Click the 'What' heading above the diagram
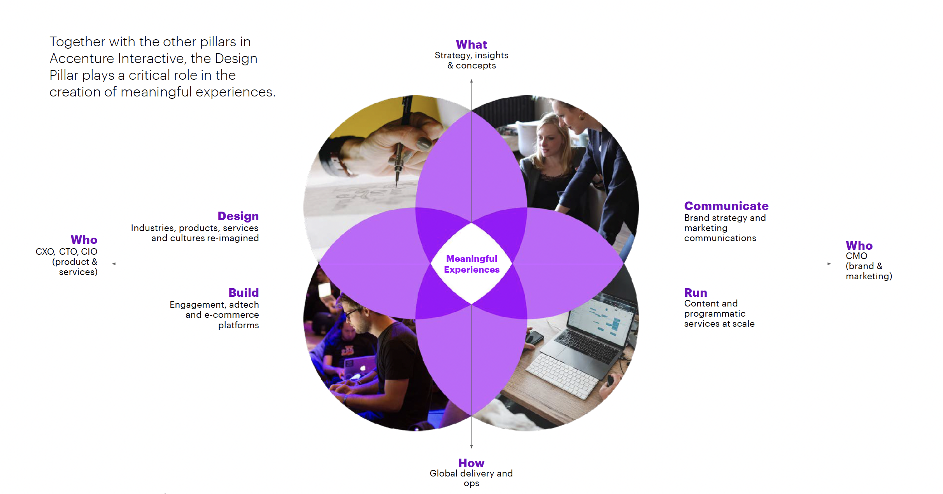pyautogui.click(x=471, y=45)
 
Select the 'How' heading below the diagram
pyautogui.click(x=471, y=463)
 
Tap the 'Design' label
pyautogui.click(x=238, y=216)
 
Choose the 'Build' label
pyautogui.click(x=244, y=293)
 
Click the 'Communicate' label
pyautogui.click(x=726, y=206)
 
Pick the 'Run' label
pyautogui.click(x=696, y=293)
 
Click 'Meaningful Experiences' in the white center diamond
pyautogui.click(x=471, y=264)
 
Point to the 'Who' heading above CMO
pyautogui.click(x=859, y=245)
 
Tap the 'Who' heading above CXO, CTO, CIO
pyautogui.click(x=84, y=240)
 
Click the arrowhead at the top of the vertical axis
pyautogui.click(x=471, y=81)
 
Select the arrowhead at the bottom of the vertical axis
pyautogui.click(x=471, y=447)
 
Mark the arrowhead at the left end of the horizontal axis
pyautogui.click(x=114, y=264)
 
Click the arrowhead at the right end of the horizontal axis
pyautogui.click(x=829, y=264)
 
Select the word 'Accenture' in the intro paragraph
pyautogui.click(x=82, y=58)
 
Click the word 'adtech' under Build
pyautogui.click(x=244, y=305)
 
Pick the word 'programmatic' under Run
pyautogui.click(x=715, y=314)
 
